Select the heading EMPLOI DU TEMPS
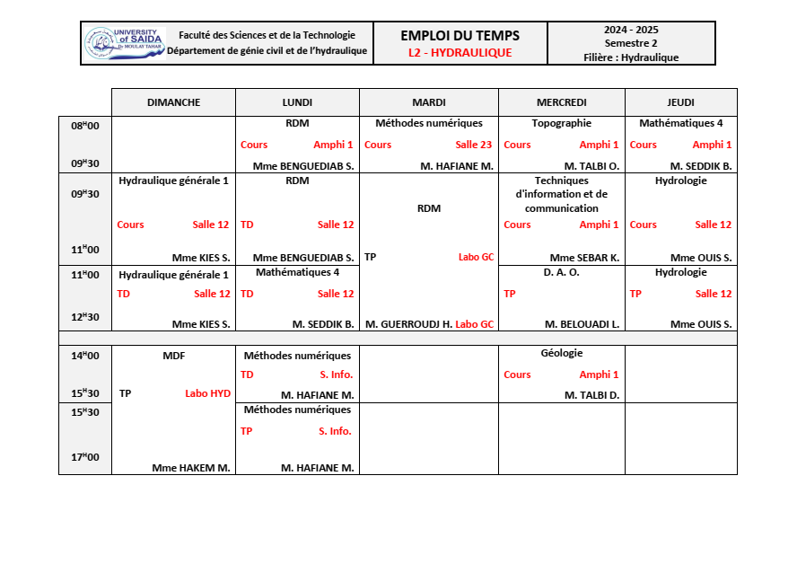[460, 36]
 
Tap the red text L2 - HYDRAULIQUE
[460, 53]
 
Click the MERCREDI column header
[561, 102]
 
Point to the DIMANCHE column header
[173, 102]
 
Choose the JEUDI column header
[681, 102]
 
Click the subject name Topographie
[561, 123]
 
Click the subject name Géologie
[562, 354]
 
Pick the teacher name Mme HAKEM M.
[191, 468]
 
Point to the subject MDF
[173, 356]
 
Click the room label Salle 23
[473, 145]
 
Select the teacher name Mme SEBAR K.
[584, 258]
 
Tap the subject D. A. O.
[562, 272]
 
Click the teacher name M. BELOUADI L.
[582, 324]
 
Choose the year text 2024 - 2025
[631, 30]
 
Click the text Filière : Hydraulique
[631, 57]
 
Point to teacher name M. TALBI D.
[591, 395]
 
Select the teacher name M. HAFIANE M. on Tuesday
[457, 166]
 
